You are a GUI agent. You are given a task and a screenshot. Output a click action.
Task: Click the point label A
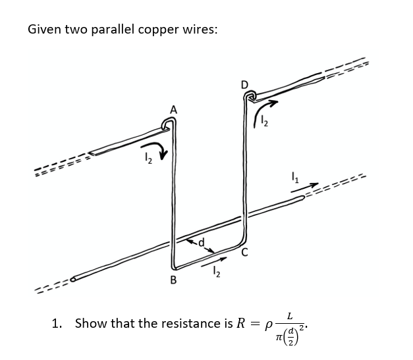(x=173, y=110)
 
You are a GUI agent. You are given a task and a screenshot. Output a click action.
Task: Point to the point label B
(x=174, y=281)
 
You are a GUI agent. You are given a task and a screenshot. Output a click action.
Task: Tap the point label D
(x=244, y=84)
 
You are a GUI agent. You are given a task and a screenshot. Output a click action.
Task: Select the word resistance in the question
(x=183, y=323)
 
